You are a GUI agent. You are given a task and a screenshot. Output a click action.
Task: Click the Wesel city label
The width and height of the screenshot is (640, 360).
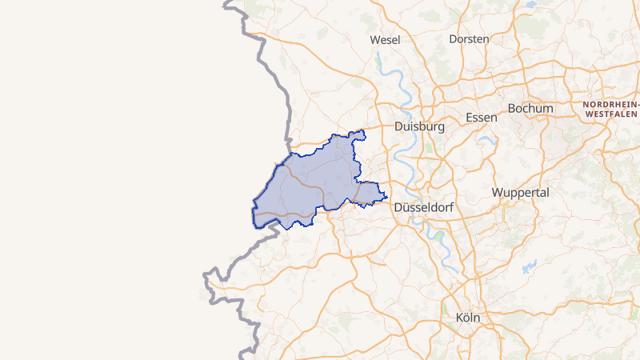pos(385,39)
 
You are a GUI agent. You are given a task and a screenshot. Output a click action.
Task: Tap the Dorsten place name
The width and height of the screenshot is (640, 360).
pos(469,38)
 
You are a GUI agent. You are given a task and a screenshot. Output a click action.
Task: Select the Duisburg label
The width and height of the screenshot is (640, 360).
pos(419,126)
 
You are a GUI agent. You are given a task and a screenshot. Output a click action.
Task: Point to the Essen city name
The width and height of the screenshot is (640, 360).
pos(481,117)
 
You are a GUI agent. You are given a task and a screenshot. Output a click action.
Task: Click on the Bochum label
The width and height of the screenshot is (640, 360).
pos(530,108)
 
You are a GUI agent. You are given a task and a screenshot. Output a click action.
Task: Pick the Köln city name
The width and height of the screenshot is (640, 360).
pos(467,318)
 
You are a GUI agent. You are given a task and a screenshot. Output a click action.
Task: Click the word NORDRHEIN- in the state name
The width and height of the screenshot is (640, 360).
pos(611,105)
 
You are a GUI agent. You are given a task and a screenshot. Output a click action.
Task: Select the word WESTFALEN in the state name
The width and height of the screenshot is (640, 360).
pos(611,114)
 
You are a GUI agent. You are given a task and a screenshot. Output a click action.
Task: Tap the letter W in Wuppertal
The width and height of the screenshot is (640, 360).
pos(498,193)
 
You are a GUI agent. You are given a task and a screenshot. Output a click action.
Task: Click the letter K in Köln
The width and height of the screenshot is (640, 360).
pos(458,318)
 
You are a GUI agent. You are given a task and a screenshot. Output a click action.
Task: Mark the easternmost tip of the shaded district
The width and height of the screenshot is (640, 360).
pos(387,197)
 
